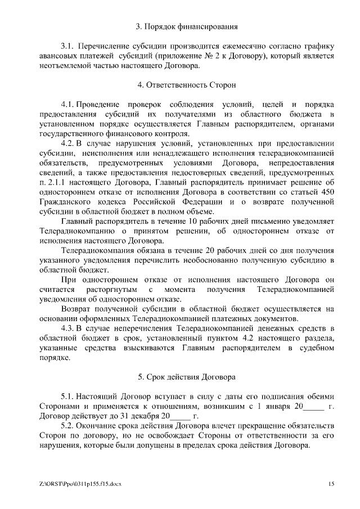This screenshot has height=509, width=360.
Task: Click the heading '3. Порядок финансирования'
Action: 187,26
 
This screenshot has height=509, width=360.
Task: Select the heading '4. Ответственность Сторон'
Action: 186,85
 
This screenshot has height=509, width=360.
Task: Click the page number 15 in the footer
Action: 331,484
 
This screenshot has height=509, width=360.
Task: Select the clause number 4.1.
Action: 67,105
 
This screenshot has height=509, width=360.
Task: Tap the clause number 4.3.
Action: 67,327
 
